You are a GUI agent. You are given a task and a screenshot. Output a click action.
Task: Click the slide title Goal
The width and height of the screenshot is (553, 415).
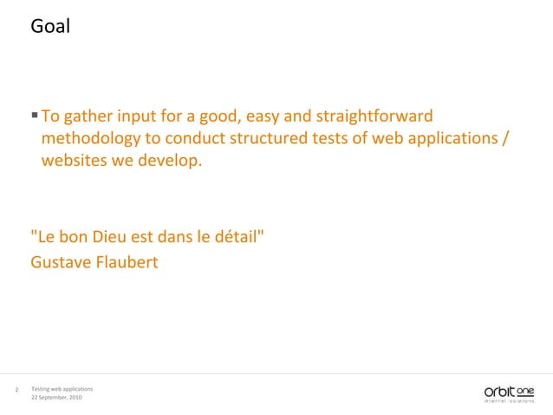[x=49, y=27]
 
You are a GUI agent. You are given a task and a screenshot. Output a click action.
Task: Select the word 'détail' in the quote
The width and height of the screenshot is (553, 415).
[x=237, y=238]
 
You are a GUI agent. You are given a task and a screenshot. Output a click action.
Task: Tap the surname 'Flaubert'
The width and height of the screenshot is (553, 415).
[x=127, y=260]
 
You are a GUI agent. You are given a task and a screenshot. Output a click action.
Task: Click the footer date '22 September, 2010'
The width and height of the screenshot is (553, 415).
[x=56, y=397]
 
